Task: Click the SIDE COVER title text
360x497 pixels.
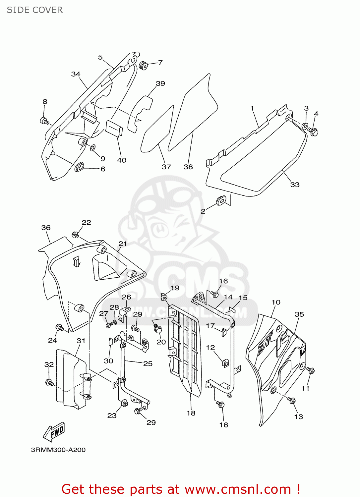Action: tap(35, 10)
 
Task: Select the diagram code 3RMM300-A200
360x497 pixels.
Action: tap(58, 450)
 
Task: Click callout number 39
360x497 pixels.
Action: tap(160, 83)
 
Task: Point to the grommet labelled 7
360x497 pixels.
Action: tap(144, 66)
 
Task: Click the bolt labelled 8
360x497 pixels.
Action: tap(44, 121)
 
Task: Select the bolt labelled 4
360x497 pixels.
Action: tap(313, 132)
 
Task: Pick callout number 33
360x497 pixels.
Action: tap(295, 185)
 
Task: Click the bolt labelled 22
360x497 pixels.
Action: tap(76, 235)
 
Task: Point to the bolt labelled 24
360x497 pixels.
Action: tap(60, 328)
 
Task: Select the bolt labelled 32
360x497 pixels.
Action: tap(49, 382)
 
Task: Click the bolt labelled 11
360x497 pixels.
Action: tap(311, 370)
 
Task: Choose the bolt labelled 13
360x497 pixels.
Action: tap(292, 400)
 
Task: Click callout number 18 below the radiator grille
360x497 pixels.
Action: tap(191, 413)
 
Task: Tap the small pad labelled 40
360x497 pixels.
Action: tap(114, 128)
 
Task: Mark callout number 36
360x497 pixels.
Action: tap(46, 228)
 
